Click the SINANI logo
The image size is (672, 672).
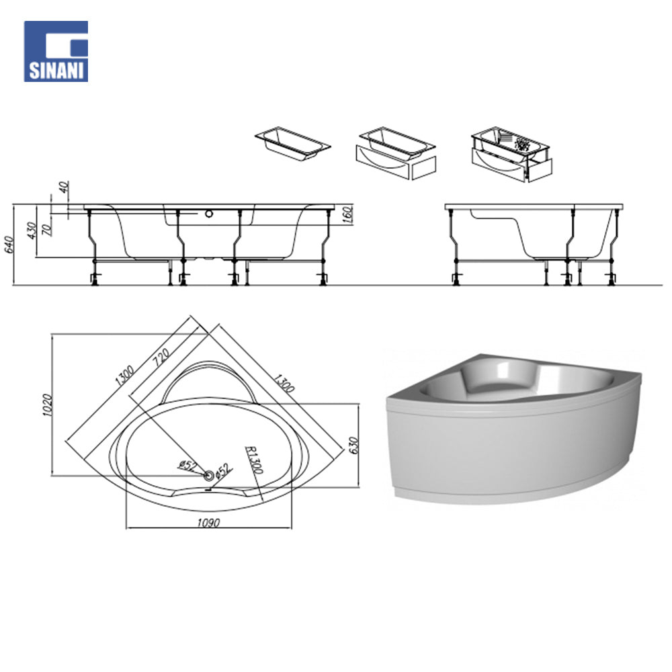[x=56, y=52]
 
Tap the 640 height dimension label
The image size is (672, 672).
[x=9, y=245]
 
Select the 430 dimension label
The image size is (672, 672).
[x=32, y=230]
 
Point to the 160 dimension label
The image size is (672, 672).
[x=347, y=215]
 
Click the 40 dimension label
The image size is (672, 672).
[x=64, y=187]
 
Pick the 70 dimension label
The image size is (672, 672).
[x=47, y=230]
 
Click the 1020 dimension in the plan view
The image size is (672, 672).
[x=47, y=405]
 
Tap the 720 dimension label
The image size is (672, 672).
[x=161, y=357]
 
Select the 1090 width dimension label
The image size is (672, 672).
[x=208, y=523]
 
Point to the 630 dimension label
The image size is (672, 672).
[x=353, y=446]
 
